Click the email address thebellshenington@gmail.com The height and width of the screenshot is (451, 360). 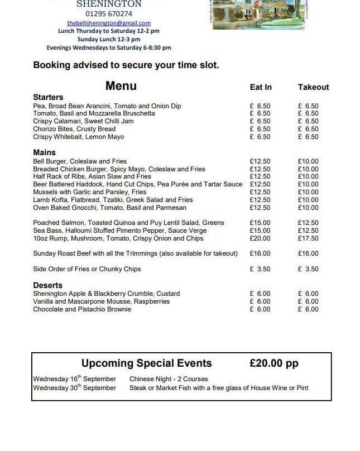[109, 23]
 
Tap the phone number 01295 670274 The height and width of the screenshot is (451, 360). [109, 13]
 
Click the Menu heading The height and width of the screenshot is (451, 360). [121, 86]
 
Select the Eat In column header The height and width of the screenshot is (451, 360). [261, 87]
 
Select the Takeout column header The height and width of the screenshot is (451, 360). [313, 87]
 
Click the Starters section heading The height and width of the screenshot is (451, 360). [48, 97]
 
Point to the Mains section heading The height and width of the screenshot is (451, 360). [44, 152]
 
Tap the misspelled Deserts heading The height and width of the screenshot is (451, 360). [47, 285]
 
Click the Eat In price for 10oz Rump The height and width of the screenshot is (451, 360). [260, 238]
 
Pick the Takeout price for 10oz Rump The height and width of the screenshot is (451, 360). [308, 238]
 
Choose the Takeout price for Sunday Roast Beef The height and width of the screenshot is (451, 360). [308, 253]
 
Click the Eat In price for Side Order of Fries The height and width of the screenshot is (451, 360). [260, 269]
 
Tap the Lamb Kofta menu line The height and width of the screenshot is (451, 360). [113, 200]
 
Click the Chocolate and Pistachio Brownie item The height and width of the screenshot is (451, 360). [82, 309]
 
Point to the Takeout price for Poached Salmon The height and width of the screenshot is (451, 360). [308, 223]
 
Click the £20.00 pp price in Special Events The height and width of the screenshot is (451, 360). [274, 363]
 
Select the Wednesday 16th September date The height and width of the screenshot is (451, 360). [74, 379]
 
